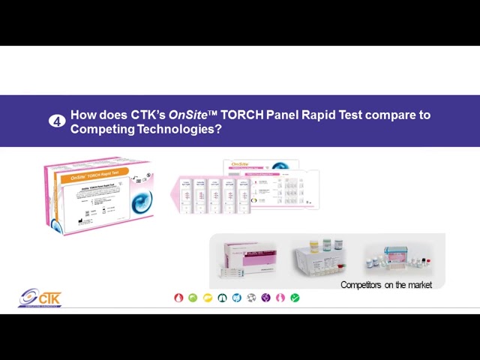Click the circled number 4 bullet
point(57,121)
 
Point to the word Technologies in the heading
point(178,129)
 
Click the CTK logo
point(40,298)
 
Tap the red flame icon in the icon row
point(178,298)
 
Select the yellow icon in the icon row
point(208,298)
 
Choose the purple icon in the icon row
point(265,298)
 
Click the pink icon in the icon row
point(280,298)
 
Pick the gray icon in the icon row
point(251,298)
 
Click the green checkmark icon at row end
point(295,298)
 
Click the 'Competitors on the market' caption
point(385,285)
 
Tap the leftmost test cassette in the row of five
point(184,196)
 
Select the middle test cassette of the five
point(214,196)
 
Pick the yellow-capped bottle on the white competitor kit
point(328,245)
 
